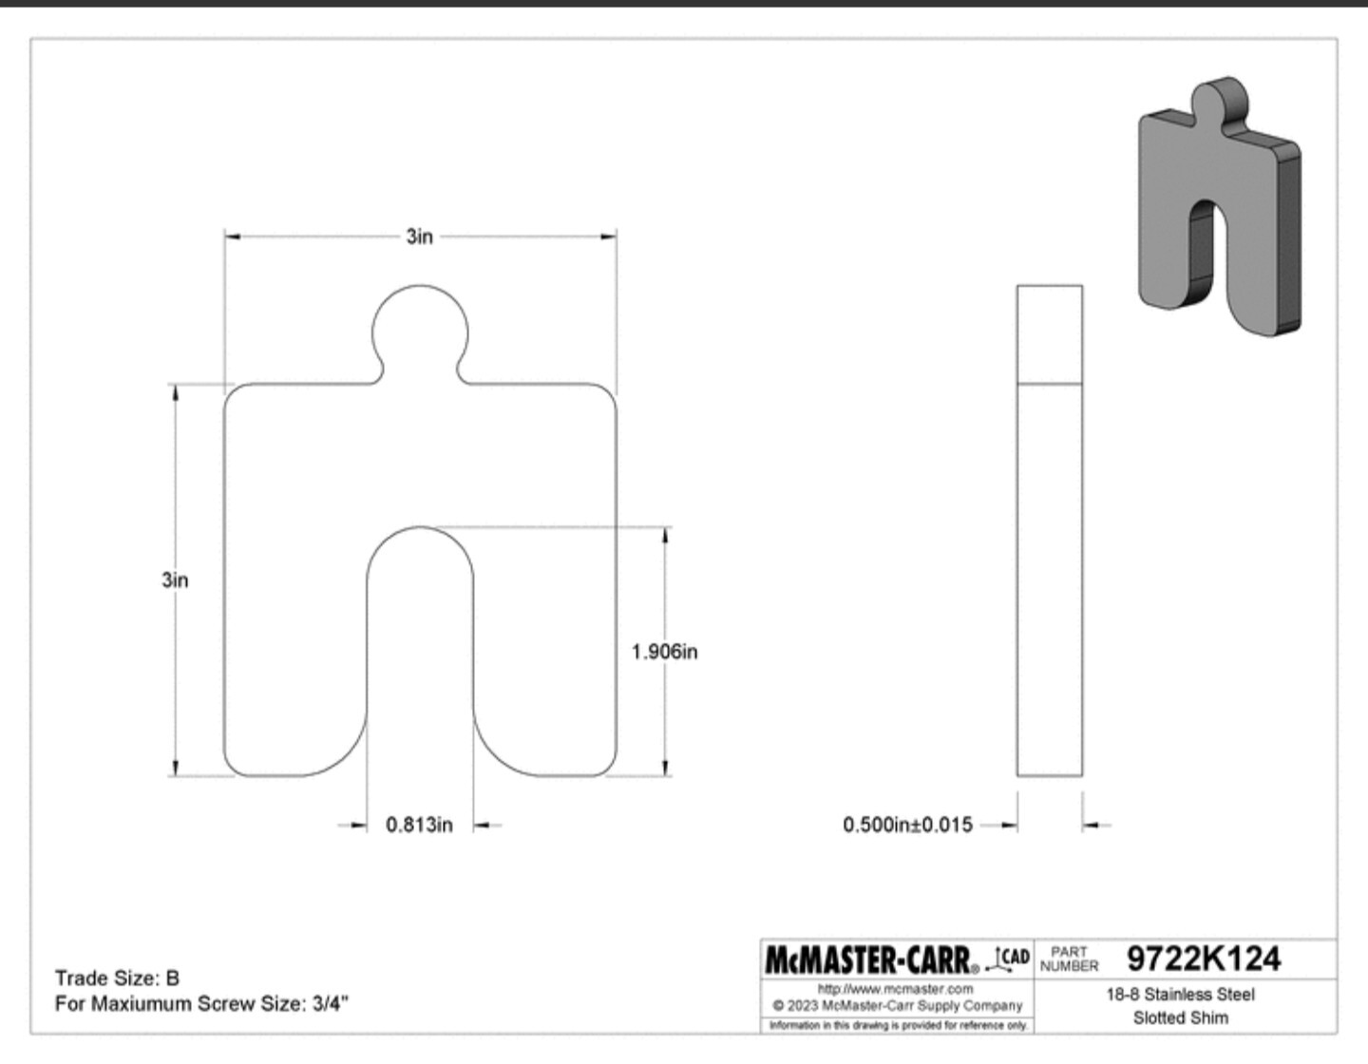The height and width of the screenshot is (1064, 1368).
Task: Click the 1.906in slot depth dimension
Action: coord(664,652)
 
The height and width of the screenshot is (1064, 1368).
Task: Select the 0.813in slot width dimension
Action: coord(419,825)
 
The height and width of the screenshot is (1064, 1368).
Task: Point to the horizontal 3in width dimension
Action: coord(420,237)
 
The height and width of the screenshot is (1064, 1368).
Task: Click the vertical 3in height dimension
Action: coord(175,579)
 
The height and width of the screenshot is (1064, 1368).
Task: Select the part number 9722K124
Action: coord(1203,959)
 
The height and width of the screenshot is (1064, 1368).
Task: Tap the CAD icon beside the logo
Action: coord(1009,959)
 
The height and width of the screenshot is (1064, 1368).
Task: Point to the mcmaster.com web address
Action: coord(895,989)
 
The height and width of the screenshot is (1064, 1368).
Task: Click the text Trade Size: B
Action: coord(118,978)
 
